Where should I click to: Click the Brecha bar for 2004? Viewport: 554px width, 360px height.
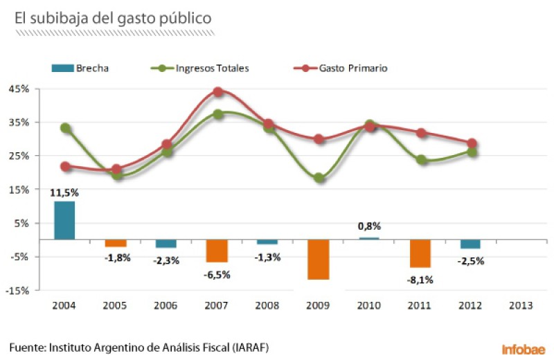64,220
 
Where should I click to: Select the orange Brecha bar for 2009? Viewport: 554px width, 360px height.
319,260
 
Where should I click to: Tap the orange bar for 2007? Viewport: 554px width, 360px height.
217,251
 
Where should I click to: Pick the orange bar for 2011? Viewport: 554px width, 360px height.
420,253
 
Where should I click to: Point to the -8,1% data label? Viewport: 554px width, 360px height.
421,280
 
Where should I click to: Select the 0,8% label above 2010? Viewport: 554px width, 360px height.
369,226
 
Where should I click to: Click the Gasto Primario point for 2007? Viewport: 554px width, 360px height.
217,92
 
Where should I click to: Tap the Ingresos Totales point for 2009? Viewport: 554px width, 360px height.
319,178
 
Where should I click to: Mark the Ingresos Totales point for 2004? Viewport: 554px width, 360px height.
65,128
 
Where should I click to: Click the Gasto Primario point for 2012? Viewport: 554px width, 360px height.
472,143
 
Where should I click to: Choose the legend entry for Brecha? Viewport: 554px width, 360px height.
82,68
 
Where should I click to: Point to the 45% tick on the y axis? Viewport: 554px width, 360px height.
19,89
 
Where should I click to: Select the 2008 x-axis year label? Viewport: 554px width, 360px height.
268,305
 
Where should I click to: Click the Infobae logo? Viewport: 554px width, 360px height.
524,348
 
